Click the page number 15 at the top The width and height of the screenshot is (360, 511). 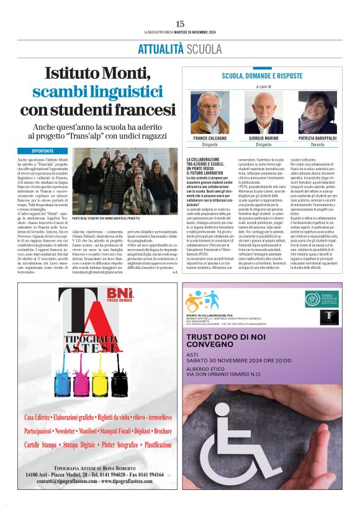tap(180, 23)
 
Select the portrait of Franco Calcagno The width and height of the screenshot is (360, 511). tap(210, 112)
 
